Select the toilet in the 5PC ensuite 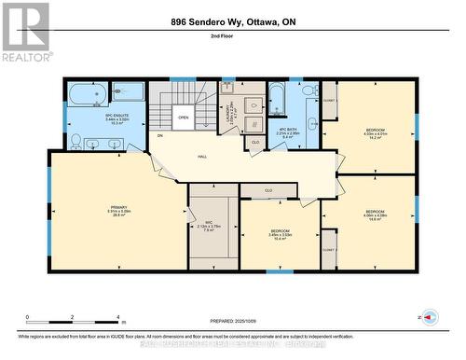[x=75, y=140]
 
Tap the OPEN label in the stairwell [x=183, y=118]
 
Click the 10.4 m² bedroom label [x=281, y=234]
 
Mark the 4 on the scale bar [x=119, y=317]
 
